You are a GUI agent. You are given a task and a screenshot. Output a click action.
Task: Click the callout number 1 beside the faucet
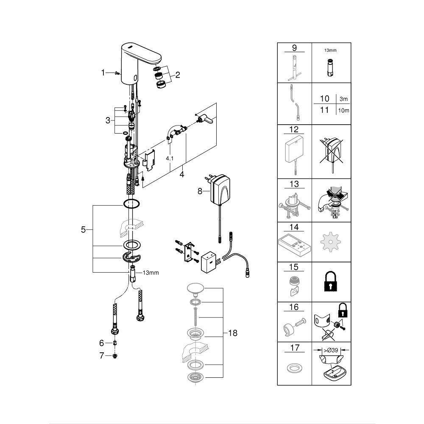(x=103, y=73)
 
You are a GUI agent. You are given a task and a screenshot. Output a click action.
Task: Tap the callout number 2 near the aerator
(x=177, y=75)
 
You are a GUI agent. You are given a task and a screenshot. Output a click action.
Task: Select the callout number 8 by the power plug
(x=200, y=191)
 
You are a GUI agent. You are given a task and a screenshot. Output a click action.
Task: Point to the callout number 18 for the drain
(x=232, y=333)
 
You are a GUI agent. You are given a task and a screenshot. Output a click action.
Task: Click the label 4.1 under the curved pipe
(x=170, y=159)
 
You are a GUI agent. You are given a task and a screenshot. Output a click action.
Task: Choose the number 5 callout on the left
(x=83, y=229)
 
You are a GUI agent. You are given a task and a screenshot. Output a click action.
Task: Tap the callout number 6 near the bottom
(x=101, y=343)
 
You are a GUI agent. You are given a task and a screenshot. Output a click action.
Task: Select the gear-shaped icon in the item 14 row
(x=330, y=242)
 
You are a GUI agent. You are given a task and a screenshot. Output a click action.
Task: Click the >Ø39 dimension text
(x=331, y=350)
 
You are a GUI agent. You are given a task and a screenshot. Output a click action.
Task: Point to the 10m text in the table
(x=343, y=110)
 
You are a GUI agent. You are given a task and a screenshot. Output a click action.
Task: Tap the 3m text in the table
(x=343, y=99)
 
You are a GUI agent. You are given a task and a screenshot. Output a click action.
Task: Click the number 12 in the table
(x=294, y=129)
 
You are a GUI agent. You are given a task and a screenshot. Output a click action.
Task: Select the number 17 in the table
(x=295, y=348)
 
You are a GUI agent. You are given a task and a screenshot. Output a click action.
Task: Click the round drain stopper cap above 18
(x=195, y=288)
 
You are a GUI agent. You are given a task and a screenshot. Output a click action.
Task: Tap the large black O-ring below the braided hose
(x=132, y=204)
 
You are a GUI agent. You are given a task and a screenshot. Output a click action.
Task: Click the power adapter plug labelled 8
(x=220, y=189)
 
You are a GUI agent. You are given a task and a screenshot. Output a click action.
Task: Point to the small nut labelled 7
(x=114, y=356)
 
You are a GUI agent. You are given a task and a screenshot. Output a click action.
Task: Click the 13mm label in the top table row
(x=330, y=50)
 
